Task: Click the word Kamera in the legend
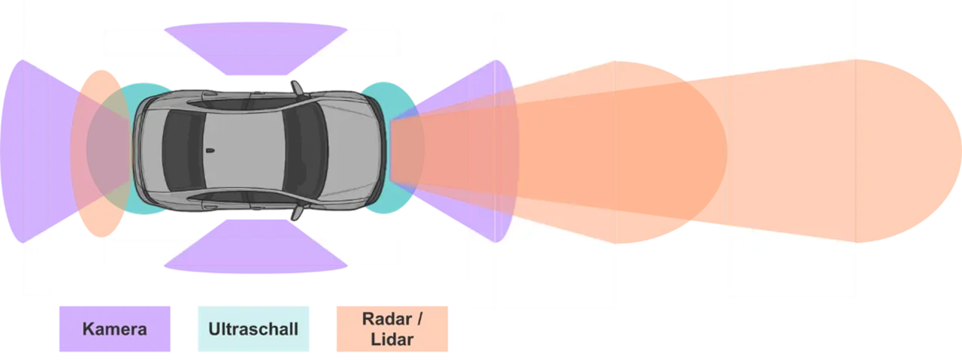point(115,329)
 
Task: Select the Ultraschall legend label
point(253,329)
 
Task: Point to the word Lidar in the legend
point(392,340)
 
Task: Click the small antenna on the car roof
point(210,151)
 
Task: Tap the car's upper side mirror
point(297,88)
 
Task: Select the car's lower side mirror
point(297,213)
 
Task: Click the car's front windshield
point(306,150)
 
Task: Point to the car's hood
point(354,150)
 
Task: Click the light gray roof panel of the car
point(244,150)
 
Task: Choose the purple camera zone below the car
point(256,247)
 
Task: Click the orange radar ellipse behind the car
point(101,153)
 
